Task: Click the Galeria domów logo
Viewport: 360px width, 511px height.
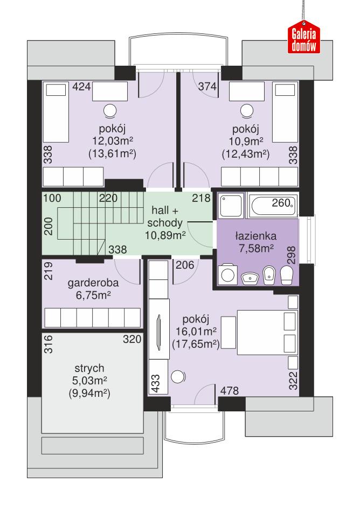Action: coord(304,39)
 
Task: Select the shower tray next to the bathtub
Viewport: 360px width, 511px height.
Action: coord(231,205)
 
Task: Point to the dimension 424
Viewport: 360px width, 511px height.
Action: coord(82,87)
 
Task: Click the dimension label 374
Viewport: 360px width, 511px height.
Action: coord(207,87)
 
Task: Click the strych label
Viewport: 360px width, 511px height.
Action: coord(89,369)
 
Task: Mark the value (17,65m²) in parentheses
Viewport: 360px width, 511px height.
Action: coord(195,343)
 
